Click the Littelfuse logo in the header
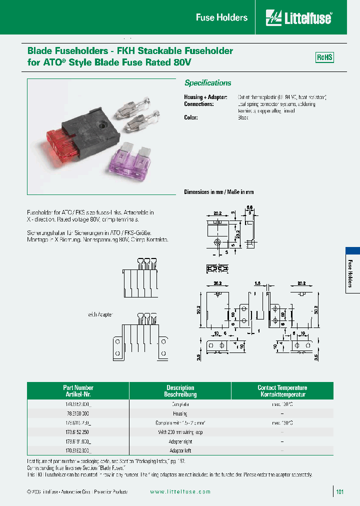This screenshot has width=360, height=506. coord(299,18)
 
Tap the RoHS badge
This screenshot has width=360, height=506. coord(324,57)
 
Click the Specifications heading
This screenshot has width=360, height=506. coord(207,83)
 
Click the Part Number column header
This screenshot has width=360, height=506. coord(78,391)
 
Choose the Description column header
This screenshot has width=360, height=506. coord(180,391)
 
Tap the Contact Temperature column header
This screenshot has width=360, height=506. coord(282,391)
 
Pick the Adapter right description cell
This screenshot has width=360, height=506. coord(180,442)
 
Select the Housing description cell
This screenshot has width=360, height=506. coord(180,413)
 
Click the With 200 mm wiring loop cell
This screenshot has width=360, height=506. coord(180,432)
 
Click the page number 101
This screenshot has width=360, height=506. coord(340,492)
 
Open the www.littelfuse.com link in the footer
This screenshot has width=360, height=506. coord(180,492)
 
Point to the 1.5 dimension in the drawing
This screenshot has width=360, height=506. coord(257,283)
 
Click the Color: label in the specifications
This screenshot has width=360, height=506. coord(191,117)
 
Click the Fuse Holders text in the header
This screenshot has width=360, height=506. coord(221,18)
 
